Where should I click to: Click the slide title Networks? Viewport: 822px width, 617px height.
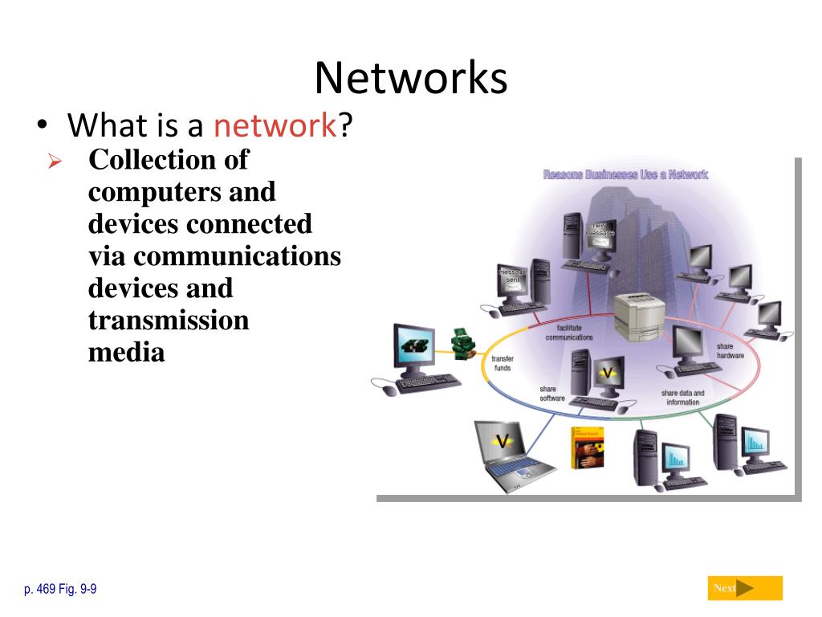[x=410, y=79]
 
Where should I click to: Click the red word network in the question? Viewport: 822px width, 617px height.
[x=274, y=126]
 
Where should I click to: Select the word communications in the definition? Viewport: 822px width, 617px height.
[x=238, y=256]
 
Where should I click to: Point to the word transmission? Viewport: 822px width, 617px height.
[x=169, y=321]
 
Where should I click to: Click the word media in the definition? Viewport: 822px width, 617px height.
[x=126, y=353]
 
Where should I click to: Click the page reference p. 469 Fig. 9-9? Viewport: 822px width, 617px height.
[x=60, y=590]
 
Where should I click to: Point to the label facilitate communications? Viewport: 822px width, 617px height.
[x=568, y=333]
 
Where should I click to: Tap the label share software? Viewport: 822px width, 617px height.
[x=552, y=394]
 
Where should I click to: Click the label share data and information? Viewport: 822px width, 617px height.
[x=682, y=398]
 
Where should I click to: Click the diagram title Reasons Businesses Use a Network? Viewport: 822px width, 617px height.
[x=625, y=174]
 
